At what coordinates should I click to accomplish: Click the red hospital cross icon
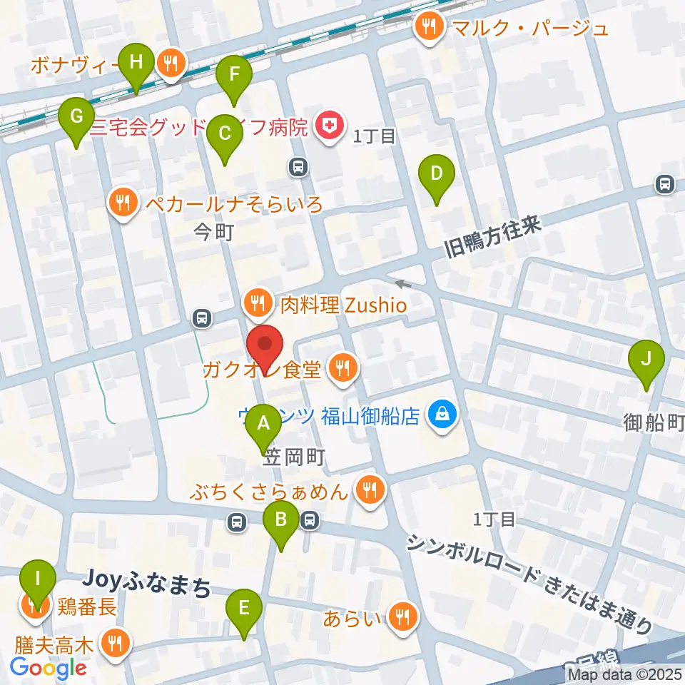tap(329, 126)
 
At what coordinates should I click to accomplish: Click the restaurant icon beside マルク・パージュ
tap(428, 27)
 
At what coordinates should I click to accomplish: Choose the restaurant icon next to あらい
tap(400, 617)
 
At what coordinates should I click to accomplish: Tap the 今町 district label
tap(214, 233)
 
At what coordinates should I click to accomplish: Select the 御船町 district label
tap(654, 422)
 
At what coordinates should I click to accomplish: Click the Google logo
tap(49, 668)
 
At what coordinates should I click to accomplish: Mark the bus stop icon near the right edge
tap(665, 184)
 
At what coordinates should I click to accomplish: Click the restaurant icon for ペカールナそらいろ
tap(124, 204)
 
